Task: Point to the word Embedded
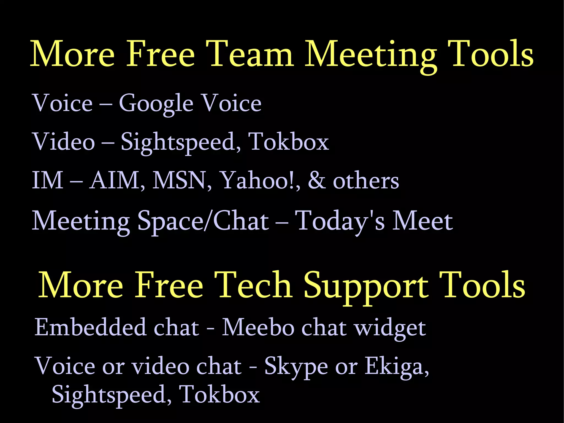tap(90, 327)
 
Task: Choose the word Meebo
tap(258, 327)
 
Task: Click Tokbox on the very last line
tap(219, 395)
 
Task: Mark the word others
tap(366, 181)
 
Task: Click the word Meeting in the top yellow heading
tap(371, 55)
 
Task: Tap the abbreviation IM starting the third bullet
tap(47, 180)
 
